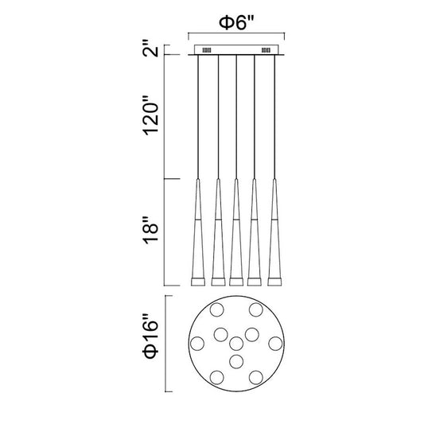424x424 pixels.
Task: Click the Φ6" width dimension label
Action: click(236, 23)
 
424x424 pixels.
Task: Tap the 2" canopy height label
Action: click(151, 49)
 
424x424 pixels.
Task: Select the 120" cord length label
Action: click(151, 115)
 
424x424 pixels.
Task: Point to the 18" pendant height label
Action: click(151, 230)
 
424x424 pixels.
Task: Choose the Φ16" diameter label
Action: click(151, 336)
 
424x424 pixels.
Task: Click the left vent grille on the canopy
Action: click(207, 50)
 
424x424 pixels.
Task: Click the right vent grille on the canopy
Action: click(266, 50)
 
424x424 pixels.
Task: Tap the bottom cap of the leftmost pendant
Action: click(198, 282)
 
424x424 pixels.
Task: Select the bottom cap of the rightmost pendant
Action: click(274, 282)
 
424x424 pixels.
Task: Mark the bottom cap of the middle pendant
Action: click(236, 282)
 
